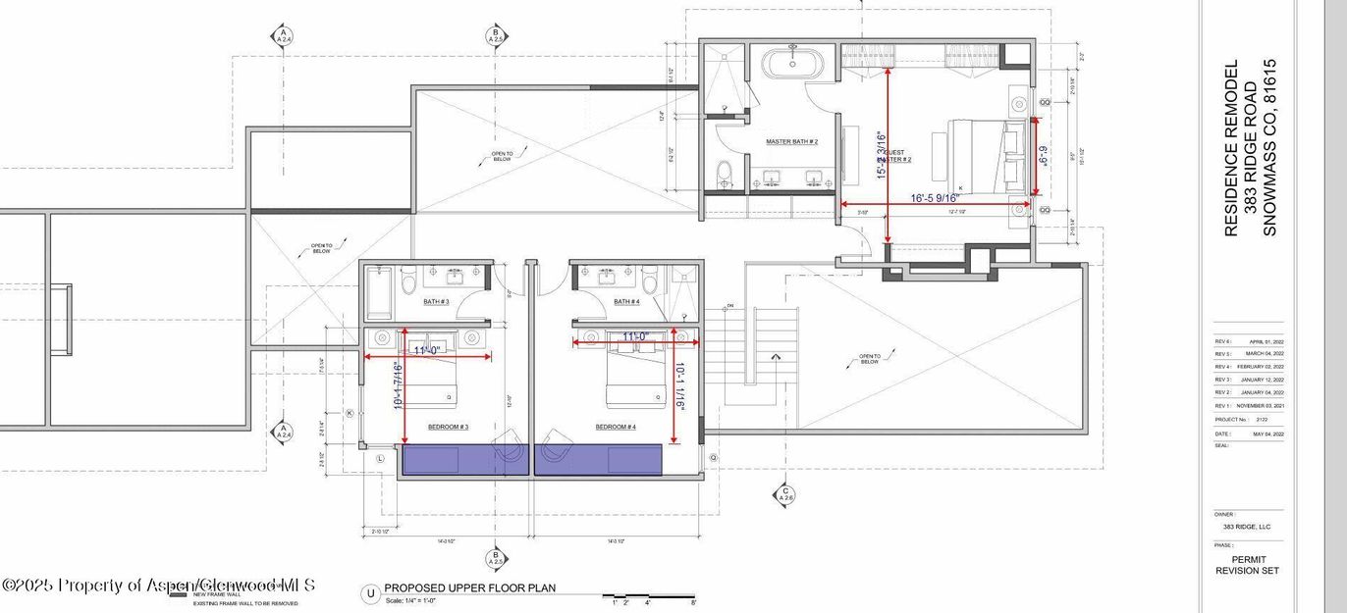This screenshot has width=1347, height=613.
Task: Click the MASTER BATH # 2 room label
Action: coord(792,142)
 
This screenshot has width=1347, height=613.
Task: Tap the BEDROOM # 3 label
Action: coord(448,428)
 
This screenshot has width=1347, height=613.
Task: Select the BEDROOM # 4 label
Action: coord(616,428)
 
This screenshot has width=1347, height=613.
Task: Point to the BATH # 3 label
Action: coord(436,302)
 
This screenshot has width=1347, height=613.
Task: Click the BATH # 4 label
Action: coord(626,302)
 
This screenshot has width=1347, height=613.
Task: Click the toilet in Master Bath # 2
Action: coord(725,175)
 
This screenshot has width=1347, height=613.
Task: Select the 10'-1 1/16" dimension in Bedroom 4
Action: coord(680,385)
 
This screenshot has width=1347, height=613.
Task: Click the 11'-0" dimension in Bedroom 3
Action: coord(429,349)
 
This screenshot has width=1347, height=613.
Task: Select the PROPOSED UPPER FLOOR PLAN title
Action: coord(469,588)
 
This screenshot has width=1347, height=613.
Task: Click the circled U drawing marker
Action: coord(370,593)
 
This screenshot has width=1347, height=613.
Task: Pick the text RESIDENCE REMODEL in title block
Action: coord(1231,148)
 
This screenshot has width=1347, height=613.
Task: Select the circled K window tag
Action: coord(349,414)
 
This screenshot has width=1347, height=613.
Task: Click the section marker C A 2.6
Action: coord(784,492)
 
